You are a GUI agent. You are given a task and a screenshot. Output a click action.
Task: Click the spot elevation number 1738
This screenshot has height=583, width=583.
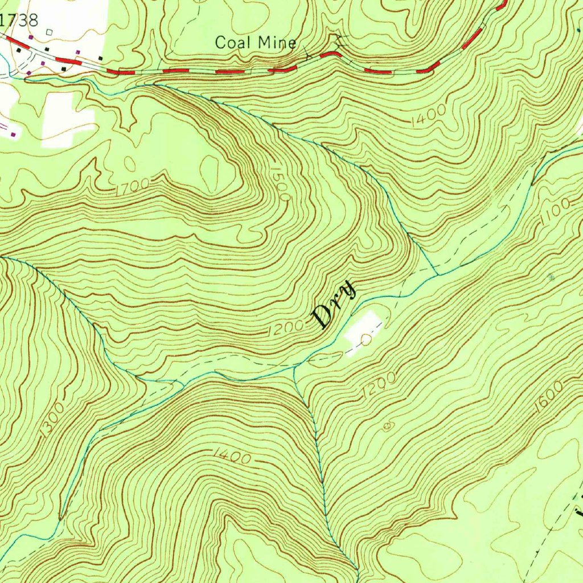pos(20,20)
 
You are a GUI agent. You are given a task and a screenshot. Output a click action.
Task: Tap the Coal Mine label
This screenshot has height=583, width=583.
pos(256,42)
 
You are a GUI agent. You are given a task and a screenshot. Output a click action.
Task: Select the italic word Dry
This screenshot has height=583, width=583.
pos(335,305)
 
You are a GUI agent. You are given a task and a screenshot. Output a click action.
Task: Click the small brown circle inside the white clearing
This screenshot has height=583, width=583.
pos(366,340)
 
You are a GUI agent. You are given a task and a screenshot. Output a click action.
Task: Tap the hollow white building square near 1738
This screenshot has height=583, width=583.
pos(50,32)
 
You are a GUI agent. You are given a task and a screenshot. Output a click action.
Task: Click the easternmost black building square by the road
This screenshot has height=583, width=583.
pos(101,58)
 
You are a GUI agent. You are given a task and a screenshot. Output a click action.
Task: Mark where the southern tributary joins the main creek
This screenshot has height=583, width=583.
pos(294,368)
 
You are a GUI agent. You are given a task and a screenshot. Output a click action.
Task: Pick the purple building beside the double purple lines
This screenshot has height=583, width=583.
pos(13,134)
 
